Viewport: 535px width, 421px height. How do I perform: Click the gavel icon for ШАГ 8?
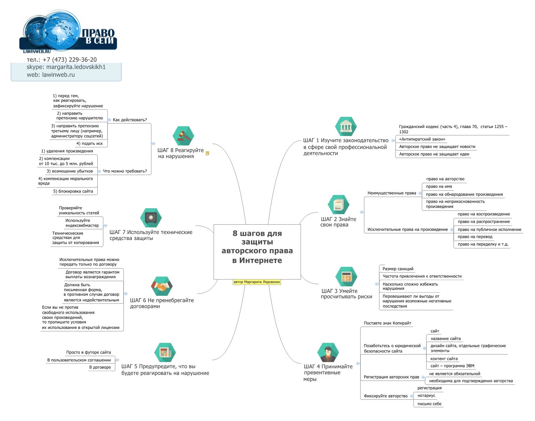click(x=184, y=136)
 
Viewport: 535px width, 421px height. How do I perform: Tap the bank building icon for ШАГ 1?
click(x=346, y=127)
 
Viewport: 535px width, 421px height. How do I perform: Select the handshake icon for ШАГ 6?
click(x=162, y=286)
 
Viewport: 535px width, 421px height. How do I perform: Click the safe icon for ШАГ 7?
click(x=151, y=218)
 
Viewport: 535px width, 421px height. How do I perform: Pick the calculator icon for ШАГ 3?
click(x=346, y=277)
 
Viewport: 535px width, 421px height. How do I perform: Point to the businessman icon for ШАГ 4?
click(x=328, y=352)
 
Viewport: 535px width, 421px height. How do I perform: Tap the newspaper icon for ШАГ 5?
click(x=165, y=352)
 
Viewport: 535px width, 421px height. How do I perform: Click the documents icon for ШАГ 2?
click(x=339, y=204)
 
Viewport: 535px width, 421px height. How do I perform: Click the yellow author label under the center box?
click(x=257, y=282)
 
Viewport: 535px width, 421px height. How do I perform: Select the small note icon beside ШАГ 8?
click(x=207, y=153)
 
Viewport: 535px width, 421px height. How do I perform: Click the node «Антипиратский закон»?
click(x=422, y=139)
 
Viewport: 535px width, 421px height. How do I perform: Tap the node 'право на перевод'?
click(x=475, y=236)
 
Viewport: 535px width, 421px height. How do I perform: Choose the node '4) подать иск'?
click(x=89, y=143)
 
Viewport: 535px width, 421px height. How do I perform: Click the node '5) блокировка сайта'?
click(x=73, y=191)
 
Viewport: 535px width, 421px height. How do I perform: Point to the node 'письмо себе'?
click(x=429, y=404)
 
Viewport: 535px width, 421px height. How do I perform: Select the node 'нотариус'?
click(x=426, y=396)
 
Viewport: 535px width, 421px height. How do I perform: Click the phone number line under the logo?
click(x=62, y=60)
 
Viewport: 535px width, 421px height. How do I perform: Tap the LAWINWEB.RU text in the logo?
click(x=37, y=51)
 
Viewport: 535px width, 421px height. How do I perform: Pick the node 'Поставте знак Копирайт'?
click(x=387, y=323)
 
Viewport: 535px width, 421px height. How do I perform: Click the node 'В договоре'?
click(x=100, y=367)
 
